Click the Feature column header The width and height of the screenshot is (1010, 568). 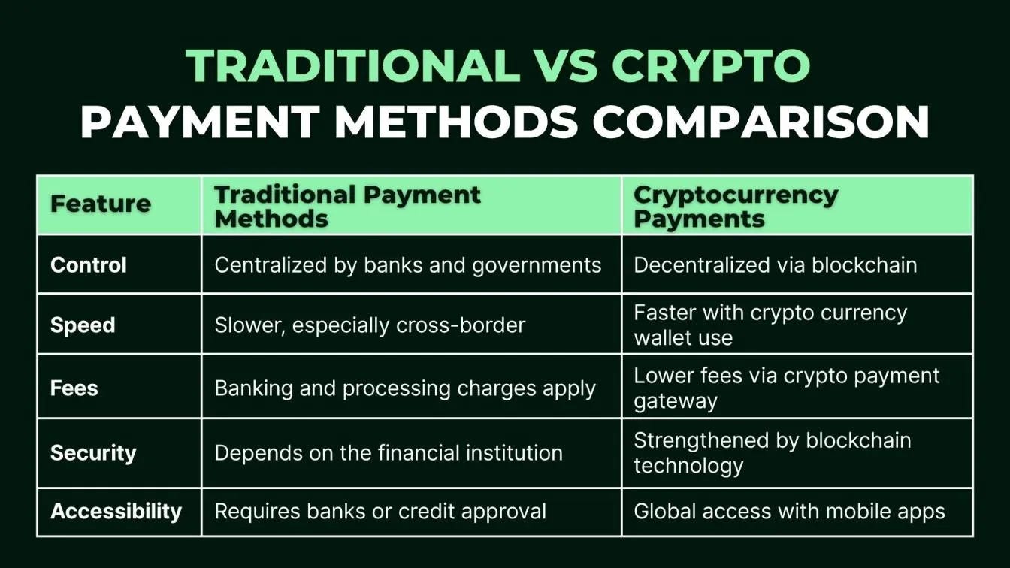(101, 204)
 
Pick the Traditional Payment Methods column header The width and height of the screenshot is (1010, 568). (347, 206)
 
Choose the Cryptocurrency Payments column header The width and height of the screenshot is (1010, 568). (735, 206)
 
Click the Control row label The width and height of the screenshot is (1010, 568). (89, 265)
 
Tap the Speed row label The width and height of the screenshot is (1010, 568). (83, 325)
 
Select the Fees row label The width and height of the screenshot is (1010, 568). (74, 388)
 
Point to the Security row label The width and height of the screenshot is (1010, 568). (93, 453)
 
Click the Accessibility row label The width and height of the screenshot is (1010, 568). (116, 512)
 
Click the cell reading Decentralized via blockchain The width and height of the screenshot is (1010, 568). (775, 265)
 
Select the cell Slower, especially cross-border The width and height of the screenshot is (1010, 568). (370, 325)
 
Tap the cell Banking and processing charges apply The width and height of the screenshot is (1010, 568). (405, 388)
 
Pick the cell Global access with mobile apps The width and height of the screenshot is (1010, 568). (789, 512)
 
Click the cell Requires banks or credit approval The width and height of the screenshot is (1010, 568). (380, 512)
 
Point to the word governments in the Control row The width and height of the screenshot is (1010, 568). (537, 265)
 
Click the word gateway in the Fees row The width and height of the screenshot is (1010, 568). (676, 401)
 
